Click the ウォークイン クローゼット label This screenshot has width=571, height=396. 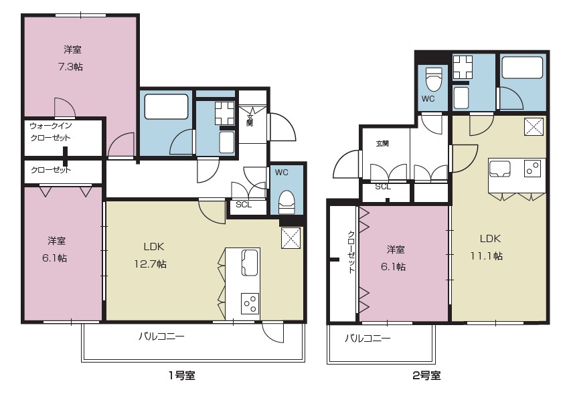[50, 131]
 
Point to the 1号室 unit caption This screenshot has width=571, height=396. [181, 376]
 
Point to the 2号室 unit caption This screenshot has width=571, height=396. [426, 376]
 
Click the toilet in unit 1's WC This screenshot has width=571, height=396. [287, 199]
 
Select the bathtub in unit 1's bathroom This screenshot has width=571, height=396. [166, 106]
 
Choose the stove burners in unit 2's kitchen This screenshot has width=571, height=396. [533, 169]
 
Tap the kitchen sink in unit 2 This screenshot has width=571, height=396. [500, 167]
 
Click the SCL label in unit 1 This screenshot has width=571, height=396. [244, 205]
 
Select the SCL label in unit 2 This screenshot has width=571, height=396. [383, 187]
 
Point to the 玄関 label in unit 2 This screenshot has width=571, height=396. [382, 143]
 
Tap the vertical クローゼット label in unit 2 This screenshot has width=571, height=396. [351, 252]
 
